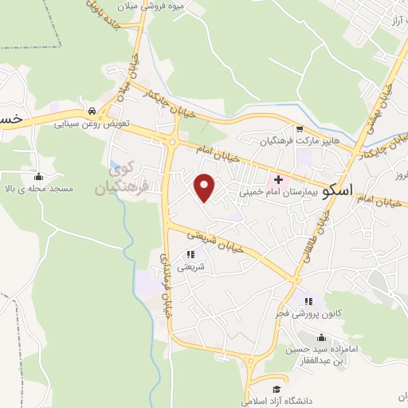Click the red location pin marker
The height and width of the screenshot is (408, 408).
[x=206, y=186]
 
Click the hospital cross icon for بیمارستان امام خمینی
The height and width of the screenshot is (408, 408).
[x=278, y=179]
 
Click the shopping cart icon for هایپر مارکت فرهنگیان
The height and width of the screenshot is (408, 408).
[x=299, y=129]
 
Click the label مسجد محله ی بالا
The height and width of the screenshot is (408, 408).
[x=41, y=189]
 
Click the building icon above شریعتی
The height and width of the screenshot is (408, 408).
[x=190, y=255]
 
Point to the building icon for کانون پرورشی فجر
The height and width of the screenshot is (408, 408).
[x=307, y=301]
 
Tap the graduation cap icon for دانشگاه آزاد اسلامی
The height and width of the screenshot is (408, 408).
[x=276, y=389]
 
